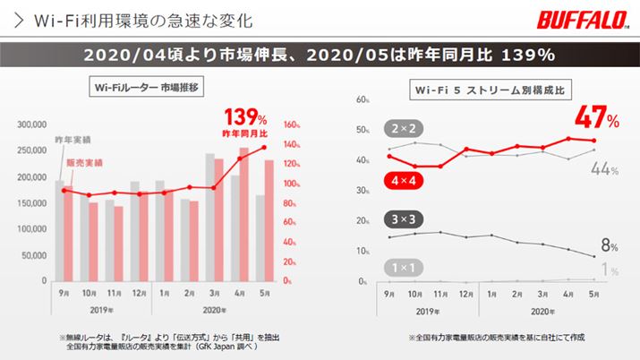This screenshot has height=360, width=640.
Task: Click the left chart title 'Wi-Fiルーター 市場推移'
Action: [149, 89]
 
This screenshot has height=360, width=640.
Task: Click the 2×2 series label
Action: [403, 127]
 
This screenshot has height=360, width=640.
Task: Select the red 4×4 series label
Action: [403, 181]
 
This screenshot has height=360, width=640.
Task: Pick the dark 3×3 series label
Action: [403, 219]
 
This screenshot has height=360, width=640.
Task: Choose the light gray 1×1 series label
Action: [403, 266]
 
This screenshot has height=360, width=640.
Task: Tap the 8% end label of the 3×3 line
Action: [607, 244]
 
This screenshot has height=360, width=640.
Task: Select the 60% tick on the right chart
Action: [363, 100]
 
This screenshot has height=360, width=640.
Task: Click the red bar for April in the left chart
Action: [244, 215]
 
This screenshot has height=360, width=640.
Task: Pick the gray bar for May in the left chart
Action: [261, 238]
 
